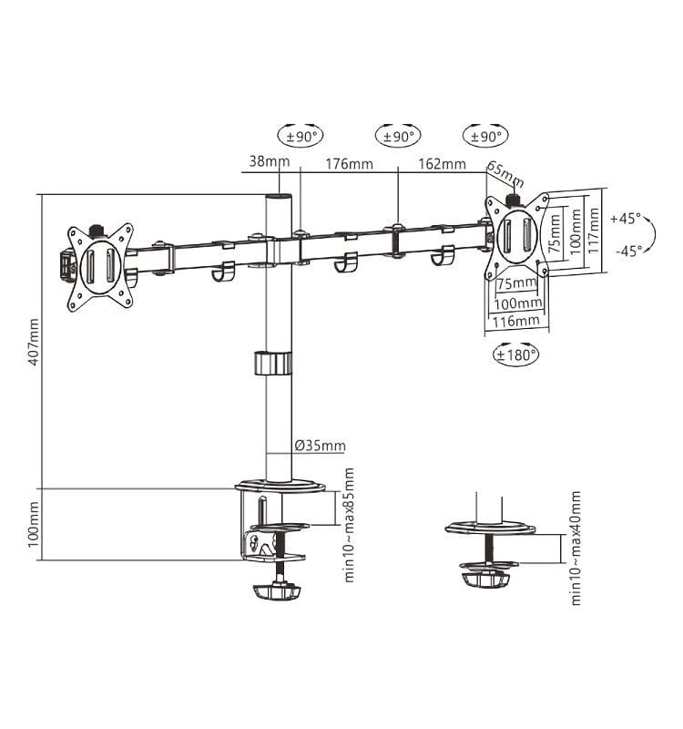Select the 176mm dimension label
pos(349,164)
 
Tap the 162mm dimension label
pos(443,164)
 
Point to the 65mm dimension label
pos(505,171)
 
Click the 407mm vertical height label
pos(34,342)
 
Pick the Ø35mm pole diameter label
pos(320,446)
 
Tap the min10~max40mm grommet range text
pos(575,547)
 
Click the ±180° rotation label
pos(516,354)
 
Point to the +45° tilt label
pos(626,219)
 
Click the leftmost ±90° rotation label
pos(301,136)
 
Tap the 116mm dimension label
pos(516,321)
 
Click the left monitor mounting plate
pos(99,266)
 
